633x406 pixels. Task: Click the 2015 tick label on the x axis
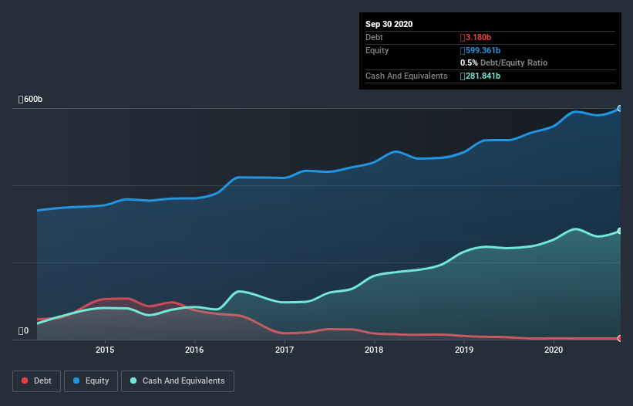pyautogui.click(x=105, y=350)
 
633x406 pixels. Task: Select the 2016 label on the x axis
pyautogui.click(x=194, y=350)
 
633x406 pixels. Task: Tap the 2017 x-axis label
pyautogui.click(x=285, y=350)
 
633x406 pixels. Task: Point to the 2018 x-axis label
pyautogui.click(x=374, y=350)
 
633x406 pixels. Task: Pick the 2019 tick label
pyautogui.click(x=464, y=350)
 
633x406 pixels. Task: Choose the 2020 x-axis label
pyautogui.click(x=554, y=350)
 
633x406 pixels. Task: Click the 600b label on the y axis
pyautogui.click(x=31, y=100)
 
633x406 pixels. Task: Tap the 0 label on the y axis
pyautogui.click(x=24, y=331)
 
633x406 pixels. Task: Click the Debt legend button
pyautogui.click(x=35, y=381)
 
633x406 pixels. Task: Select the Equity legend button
pyautogui.click(x=91, y=381)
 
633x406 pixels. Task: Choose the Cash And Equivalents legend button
pyautogui.click(x=177, y=381)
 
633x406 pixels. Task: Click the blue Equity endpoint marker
pyautogui.click(x=619, y=109)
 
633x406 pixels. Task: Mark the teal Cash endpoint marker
pyautogui.click(x=619, y=231)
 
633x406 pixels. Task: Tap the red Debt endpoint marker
pyautogui.click(x=619, y=338)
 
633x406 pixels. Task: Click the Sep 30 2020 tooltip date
pyautogui.click(x=389, y=24)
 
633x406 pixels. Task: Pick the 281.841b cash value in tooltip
pyautogui.click(x=482, y=76)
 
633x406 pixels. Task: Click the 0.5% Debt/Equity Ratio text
pyautogui.click(x=503, y=63)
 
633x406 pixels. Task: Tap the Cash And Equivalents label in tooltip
pyautogui.click(x=406, y=76)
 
